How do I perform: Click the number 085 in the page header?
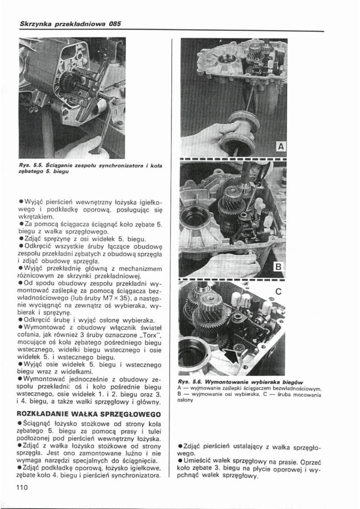coord(114,24)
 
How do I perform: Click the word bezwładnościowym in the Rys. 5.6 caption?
coord(298,388)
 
